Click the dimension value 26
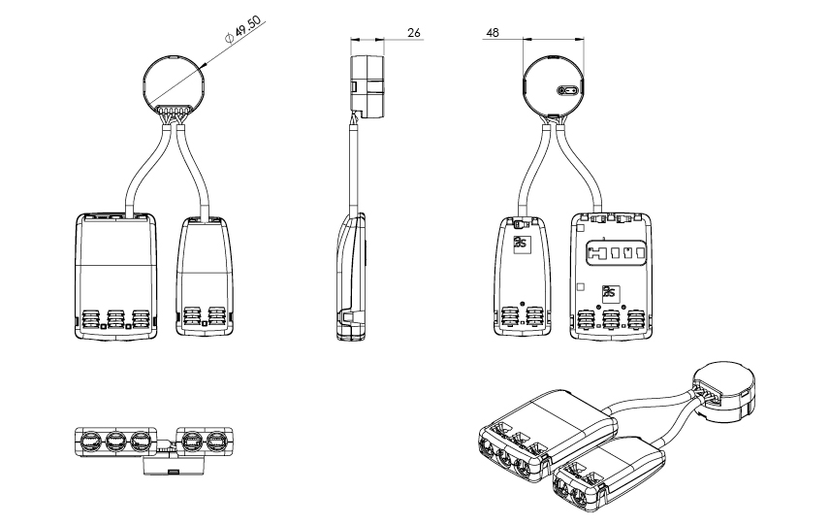coord(413,33)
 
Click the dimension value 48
coord(493,33)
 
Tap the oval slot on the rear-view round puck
coord(567,91)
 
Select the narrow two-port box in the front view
coord(205,278)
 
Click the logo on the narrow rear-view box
coord(522,243)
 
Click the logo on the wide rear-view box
coord(610,292)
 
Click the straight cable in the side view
coord(352,165)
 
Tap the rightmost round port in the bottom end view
coord(216,442)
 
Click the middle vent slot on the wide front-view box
coord(114,319)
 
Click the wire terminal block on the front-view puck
coord(175,114)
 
